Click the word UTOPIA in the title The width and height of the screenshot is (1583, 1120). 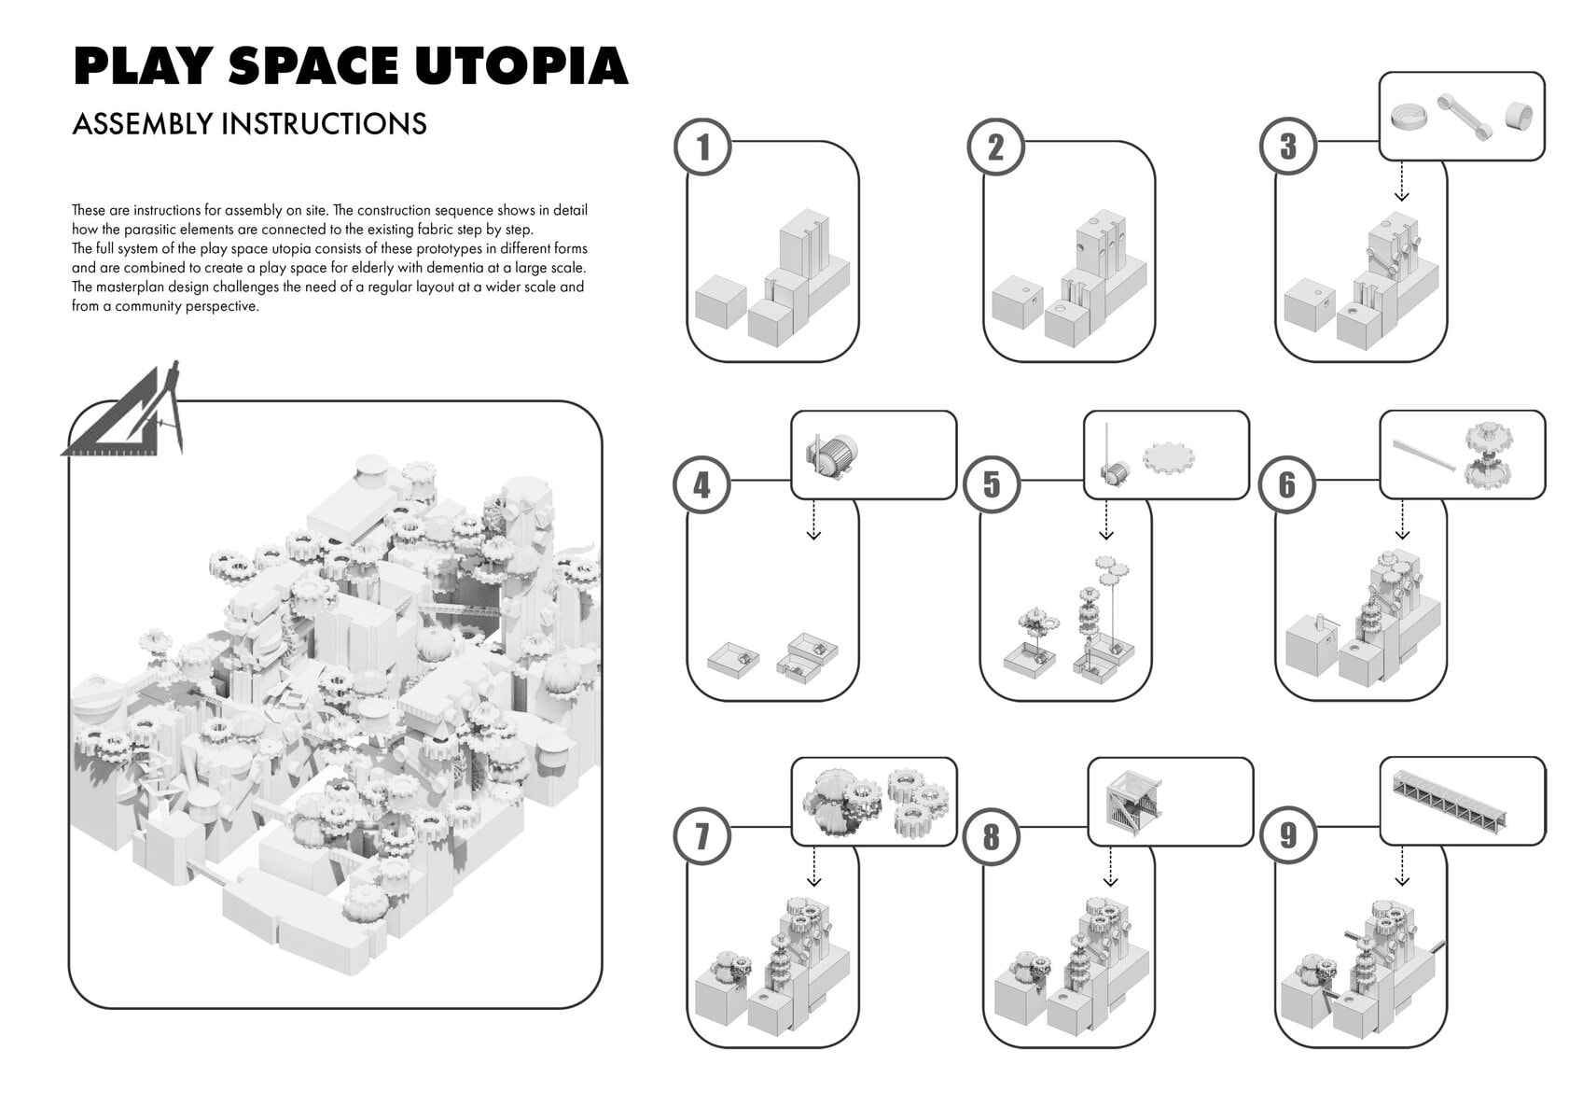(x=521, y=65)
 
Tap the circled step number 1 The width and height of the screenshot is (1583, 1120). (x=701, y=147)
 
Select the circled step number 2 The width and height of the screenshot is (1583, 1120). (x=995, y=147)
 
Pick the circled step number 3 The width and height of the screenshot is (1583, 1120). (x=1287, y=146)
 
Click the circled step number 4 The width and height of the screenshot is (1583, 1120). (x=701, y=485)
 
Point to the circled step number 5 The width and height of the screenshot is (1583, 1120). (x=992, y=484)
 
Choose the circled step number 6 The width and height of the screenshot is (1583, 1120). (x=1287, y=484)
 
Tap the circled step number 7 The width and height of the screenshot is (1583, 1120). (x=701, y=835)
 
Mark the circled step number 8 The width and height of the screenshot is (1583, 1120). (x=992, y=836)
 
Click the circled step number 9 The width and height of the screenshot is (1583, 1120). (x=1287, y=835)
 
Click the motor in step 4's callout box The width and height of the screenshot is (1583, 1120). (x=832, y=455)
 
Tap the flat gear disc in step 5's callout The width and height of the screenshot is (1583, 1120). (x=1169, y=457)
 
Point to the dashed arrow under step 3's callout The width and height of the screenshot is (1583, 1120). (x=1401, y=182)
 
